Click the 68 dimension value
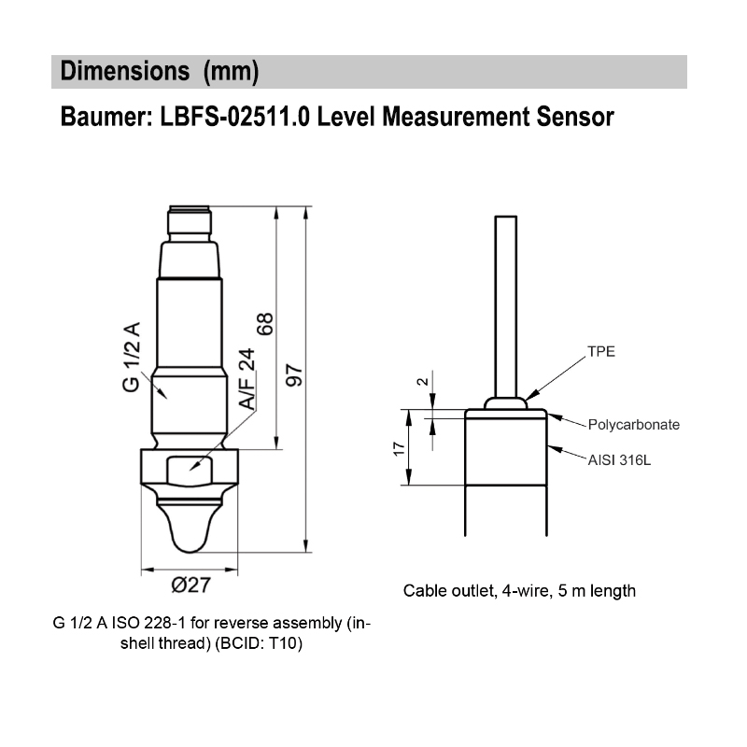(265, 324)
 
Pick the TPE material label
(600, 352)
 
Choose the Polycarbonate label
(633, 424)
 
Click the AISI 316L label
(620, 459)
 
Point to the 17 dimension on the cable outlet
(398, 449)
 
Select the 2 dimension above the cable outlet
(422, 382)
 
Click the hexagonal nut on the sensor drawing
(190, 468)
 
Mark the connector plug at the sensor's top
(190, 221)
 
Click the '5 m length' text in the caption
(598, 590)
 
